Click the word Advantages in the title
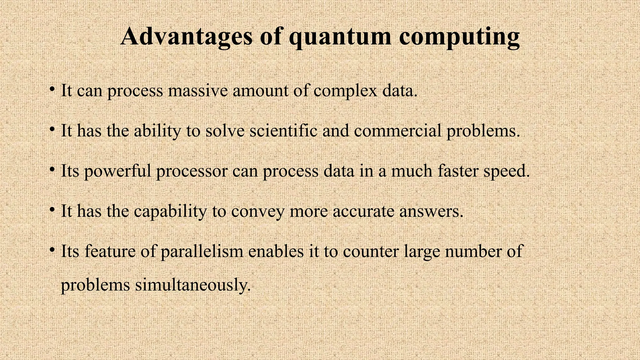click(x=186, y=37)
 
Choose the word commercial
click(x=398, y=130)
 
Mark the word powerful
click(x=117, y=171)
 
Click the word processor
click(x=192, y=171)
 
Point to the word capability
click(x=171, y=211)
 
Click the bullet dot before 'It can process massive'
click(x=52, y=89)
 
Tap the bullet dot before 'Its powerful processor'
click(x=52, y=170)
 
